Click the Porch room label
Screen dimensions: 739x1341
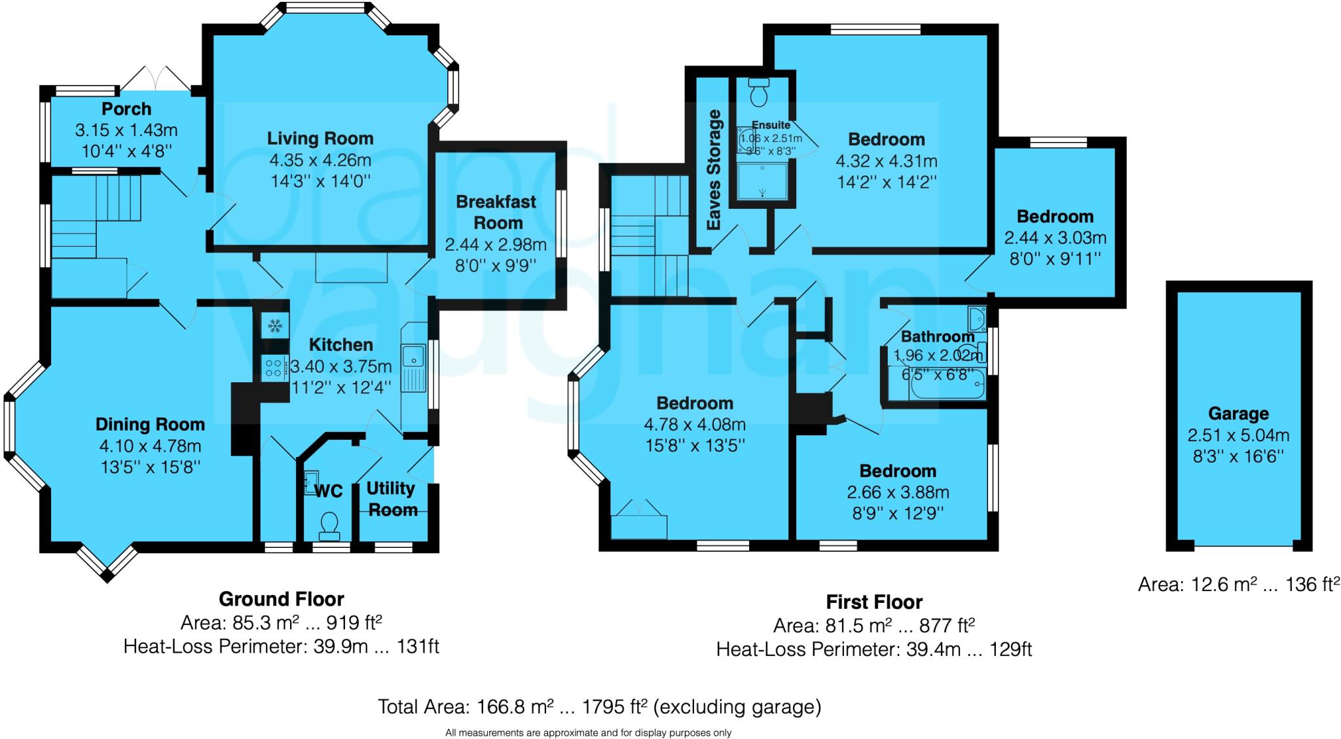click(126, 109)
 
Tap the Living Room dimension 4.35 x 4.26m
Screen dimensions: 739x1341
click(320, 160)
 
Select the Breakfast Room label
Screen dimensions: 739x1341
click(496, 212)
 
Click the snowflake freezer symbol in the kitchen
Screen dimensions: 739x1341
click(274, 325)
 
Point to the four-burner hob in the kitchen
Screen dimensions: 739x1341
click(274, 367)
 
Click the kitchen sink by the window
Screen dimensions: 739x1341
click(413, 357)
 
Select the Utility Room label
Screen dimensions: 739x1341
click(392, 499)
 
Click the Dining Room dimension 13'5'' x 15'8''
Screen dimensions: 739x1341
click(150, 467)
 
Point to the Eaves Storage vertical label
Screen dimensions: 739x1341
click(714, 170)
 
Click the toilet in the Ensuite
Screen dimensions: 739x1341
click(759, 94)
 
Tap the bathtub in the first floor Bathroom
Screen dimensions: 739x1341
click(947, 385)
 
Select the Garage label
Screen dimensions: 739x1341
click(1238, 414)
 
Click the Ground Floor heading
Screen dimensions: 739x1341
click(281, 599)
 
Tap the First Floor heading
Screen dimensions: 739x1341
click(873, 602)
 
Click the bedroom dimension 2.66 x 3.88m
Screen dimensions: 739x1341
click(898, 492)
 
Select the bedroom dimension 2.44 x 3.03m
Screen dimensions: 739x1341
click(1055, 238)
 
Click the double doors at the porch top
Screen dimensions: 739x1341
click(156, 79)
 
